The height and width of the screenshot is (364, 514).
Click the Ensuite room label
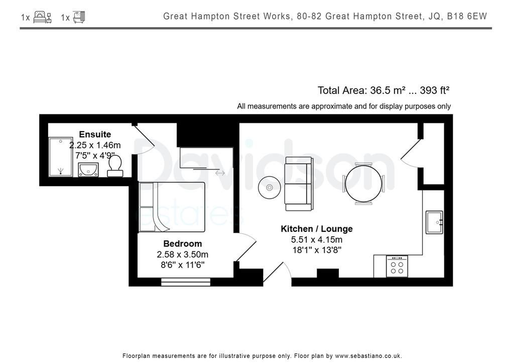tap(95, 134)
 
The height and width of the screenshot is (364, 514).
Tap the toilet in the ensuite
tap(115, 166)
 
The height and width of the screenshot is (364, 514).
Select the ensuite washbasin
tap(88, 170)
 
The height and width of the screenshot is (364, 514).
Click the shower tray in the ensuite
tap(61, 156)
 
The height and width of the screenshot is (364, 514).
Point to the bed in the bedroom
tap(172, 207)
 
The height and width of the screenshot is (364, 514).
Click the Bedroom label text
tap(183, 243)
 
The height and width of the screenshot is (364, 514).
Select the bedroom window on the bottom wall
tap(186, 282)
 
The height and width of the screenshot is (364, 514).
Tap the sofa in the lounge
tap(299, 184)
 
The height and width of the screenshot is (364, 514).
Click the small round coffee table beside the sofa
tap(270, 188)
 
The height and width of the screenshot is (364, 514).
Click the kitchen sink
tap(434, 222)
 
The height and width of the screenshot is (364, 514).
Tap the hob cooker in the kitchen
tap(397, 266)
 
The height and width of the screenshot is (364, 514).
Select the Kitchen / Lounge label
tap(317, 229)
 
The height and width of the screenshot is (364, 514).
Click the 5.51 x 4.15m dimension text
tap(317, 240)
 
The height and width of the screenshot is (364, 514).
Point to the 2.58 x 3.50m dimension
tap(183, 254)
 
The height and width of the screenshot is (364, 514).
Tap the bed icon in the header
tap(43, 17)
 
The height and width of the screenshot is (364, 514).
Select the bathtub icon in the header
tap(79, 17)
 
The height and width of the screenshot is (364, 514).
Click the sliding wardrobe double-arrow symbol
tap(220, 173)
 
